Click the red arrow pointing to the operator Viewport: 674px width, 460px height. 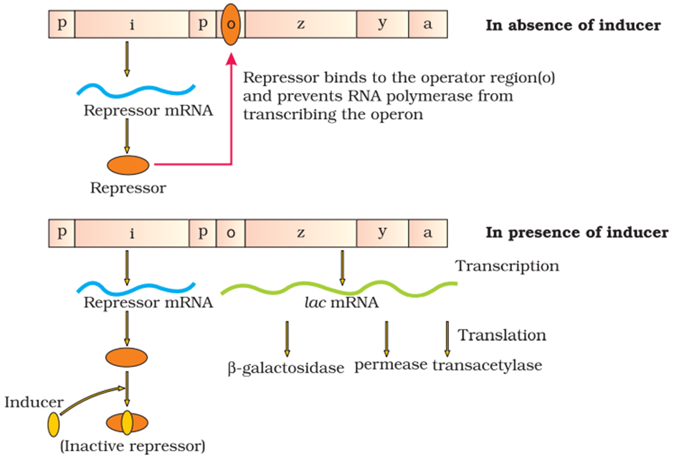tap(231, 115)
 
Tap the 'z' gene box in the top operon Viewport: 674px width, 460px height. tap(301, 24)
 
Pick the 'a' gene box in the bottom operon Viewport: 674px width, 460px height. tap(428, 233)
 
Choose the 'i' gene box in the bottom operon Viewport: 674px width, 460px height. tap(132, 233)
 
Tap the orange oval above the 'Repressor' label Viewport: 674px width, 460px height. tap(128, 165)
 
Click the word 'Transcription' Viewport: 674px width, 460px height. tap(507, 266)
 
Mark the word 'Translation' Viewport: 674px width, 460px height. tap(502, 335)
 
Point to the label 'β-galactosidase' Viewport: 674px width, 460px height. tap(285, 368)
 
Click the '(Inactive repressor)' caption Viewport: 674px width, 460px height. tap(133, 446)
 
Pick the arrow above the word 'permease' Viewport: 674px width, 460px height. tap(386, 337)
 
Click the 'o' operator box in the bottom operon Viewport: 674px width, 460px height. tap(230, 233)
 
